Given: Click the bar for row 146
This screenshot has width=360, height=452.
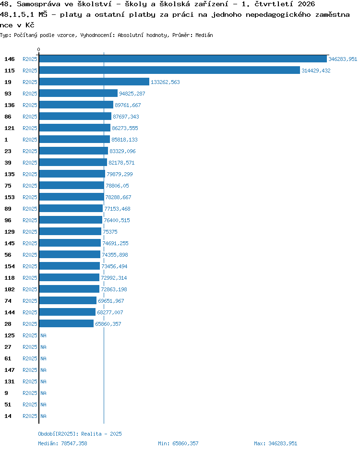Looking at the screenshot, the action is click(183, 59).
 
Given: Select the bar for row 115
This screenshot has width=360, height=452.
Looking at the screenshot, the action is click(169, 71).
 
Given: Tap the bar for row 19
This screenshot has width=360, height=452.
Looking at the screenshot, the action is click(95, 82).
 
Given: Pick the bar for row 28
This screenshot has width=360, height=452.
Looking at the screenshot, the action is click(66, 324).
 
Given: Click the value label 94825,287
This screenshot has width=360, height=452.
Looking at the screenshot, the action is click(132, 94).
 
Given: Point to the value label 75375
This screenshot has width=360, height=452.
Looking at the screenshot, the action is click(110, 232).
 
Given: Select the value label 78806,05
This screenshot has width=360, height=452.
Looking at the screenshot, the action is click(118, 186).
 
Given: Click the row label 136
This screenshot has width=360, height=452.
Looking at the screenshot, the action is click(10, 105).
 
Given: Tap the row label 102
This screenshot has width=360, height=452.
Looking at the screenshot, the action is click(10, 289).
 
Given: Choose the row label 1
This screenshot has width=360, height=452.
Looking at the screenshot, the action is click(6, 140).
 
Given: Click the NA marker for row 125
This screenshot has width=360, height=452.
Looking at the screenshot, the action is click(43, 335).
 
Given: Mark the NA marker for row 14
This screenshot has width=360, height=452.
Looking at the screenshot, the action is click(43, 416).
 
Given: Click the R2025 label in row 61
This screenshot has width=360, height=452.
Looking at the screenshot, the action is click(30, 358).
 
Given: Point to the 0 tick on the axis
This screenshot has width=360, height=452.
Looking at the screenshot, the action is click(39, 49).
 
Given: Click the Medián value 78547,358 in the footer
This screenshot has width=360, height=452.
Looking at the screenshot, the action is click(74, 443).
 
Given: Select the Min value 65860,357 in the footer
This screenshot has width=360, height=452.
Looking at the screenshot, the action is click(185, 443).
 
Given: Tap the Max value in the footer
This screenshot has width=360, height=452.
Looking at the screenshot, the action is click(283, 443).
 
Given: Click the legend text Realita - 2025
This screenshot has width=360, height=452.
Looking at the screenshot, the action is click(102, 434).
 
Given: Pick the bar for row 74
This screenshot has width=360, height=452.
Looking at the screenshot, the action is click(68, 301).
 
